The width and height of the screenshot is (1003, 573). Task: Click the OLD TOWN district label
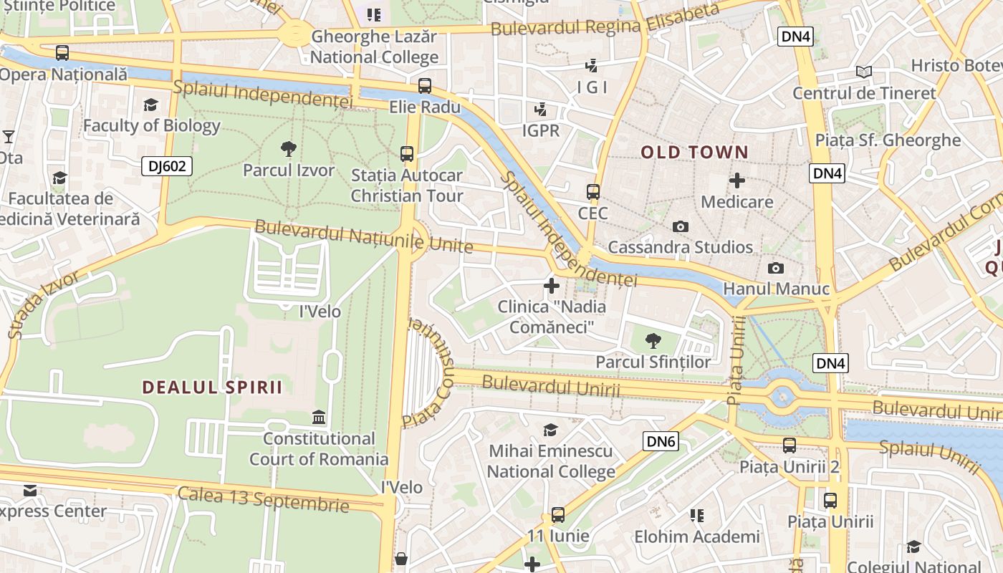click(x=694, y=152)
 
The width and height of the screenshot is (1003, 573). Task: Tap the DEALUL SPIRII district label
click(x=212, y=387)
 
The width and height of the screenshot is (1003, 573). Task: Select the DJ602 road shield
click(x=167, y=167)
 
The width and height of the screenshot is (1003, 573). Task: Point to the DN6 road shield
click(x=661, y=441)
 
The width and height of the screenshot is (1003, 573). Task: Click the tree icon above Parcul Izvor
click(x=289, y=149)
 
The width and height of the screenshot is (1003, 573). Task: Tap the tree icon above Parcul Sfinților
click(x=653, y=341)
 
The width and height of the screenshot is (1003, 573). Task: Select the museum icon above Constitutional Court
click(x=319, y=417)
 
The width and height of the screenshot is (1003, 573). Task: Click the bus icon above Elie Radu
click(x=425, y=86)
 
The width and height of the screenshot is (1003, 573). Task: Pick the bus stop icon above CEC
click(x=593, y=192)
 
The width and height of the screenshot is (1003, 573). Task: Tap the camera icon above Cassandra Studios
click(x=681, y=227)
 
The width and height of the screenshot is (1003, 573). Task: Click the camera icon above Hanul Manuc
click(x=775, y=269)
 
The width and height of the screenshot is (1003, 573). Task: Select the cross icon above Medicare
click(x=736, y=180)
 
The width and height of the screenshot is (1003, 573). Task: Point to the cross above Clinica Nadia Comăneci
click(x=552, y=286)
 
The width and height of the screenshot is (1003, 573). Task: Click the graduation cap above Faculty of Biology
click(x=150, y=105)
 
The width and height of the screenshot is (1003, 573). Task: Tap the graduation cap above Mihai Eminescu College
click(x=550, y=430)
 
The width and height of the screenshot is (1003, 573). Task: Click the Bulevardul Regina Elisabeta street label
click(x=605, y=21)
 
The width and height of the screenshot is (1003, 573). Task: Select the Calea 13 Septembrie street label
click(x=263, y=499)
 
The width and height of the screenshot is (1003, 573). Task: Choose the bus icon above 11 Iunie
click(x=557, y=515)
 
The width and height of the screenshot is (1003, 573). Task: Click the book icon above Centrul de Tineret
click(x=864, y=72)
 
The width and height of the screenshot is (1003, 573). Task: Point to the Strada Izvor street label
click(x=44, y=304)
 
